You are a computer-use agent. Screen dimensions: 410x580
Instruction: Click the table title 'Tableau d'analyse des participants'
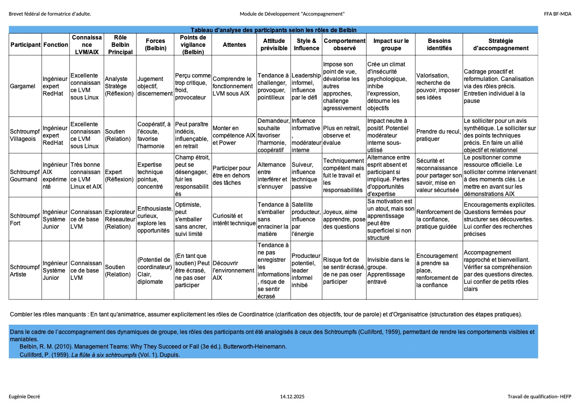tap(273, 30)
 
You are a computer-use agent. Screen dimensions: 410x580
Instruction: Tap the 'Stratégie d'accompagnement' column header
tap(500, 45)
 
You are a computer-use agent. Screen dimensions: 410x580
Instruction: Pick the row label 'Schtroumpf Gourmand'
tap(25, 176)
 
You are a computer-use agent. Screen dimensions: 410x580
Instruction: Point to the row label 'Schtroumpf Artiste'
tap(25, 271)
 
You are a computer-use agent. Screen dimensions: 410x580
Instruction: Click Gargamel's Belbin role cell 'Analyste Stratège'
tap(119, 86)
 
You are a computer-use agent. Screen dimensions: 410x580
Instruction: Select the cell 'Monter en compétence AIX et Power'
tap(234, 135)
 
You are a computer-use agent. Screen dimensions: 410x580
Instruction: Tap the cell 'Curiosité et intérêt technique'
tap(234, 219)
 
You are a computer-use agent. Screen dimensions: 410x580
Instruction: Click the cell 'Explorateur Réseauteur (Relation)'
tap(119, 219)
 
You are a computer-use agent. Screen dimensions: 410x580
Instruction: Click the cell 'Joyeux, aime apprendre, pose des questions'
tap(344, 219)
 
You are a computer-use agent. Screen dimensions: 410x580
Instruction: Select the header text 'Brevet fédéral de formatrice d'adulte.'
tap(50, 14)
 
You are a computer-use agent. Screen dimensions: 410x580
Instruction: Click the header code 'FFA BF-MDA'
tap(558, 14)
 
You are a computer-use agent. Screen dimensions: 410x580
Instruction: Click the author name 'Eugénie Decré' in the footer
tap(24, 397)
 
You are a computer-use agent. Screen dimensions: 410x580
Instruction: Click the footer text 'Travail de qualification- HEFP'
tap(539, 397)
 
